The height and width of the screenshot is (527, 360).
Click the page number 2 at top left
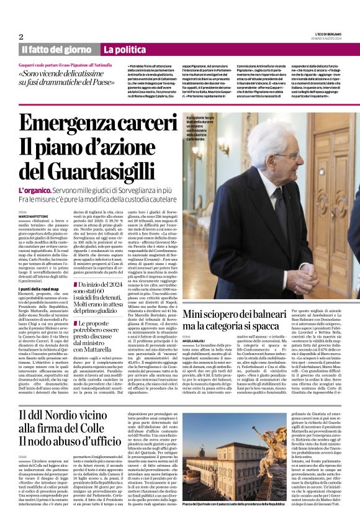coord(21,37)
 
